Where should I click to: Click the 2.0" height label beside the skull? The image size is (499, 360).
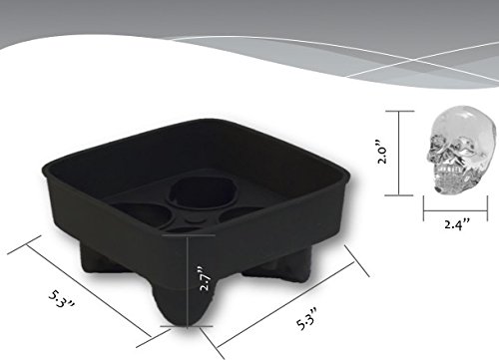coord(382,152)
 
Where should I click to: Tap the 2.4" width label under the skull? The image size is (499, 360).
coord(457,224)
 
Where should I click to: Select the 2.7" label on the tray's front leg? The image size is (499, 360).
coord(205,278)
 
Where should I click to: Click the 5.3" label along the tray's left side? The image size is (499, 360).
coord(62,299)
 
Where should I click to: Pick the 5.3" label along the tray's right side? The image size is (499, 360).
coord(306,319)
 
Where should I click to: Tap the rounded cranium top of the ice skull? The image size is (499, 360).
coord(466,117)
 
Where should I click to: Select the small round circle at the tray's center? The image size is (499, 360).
coord(194,220)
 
